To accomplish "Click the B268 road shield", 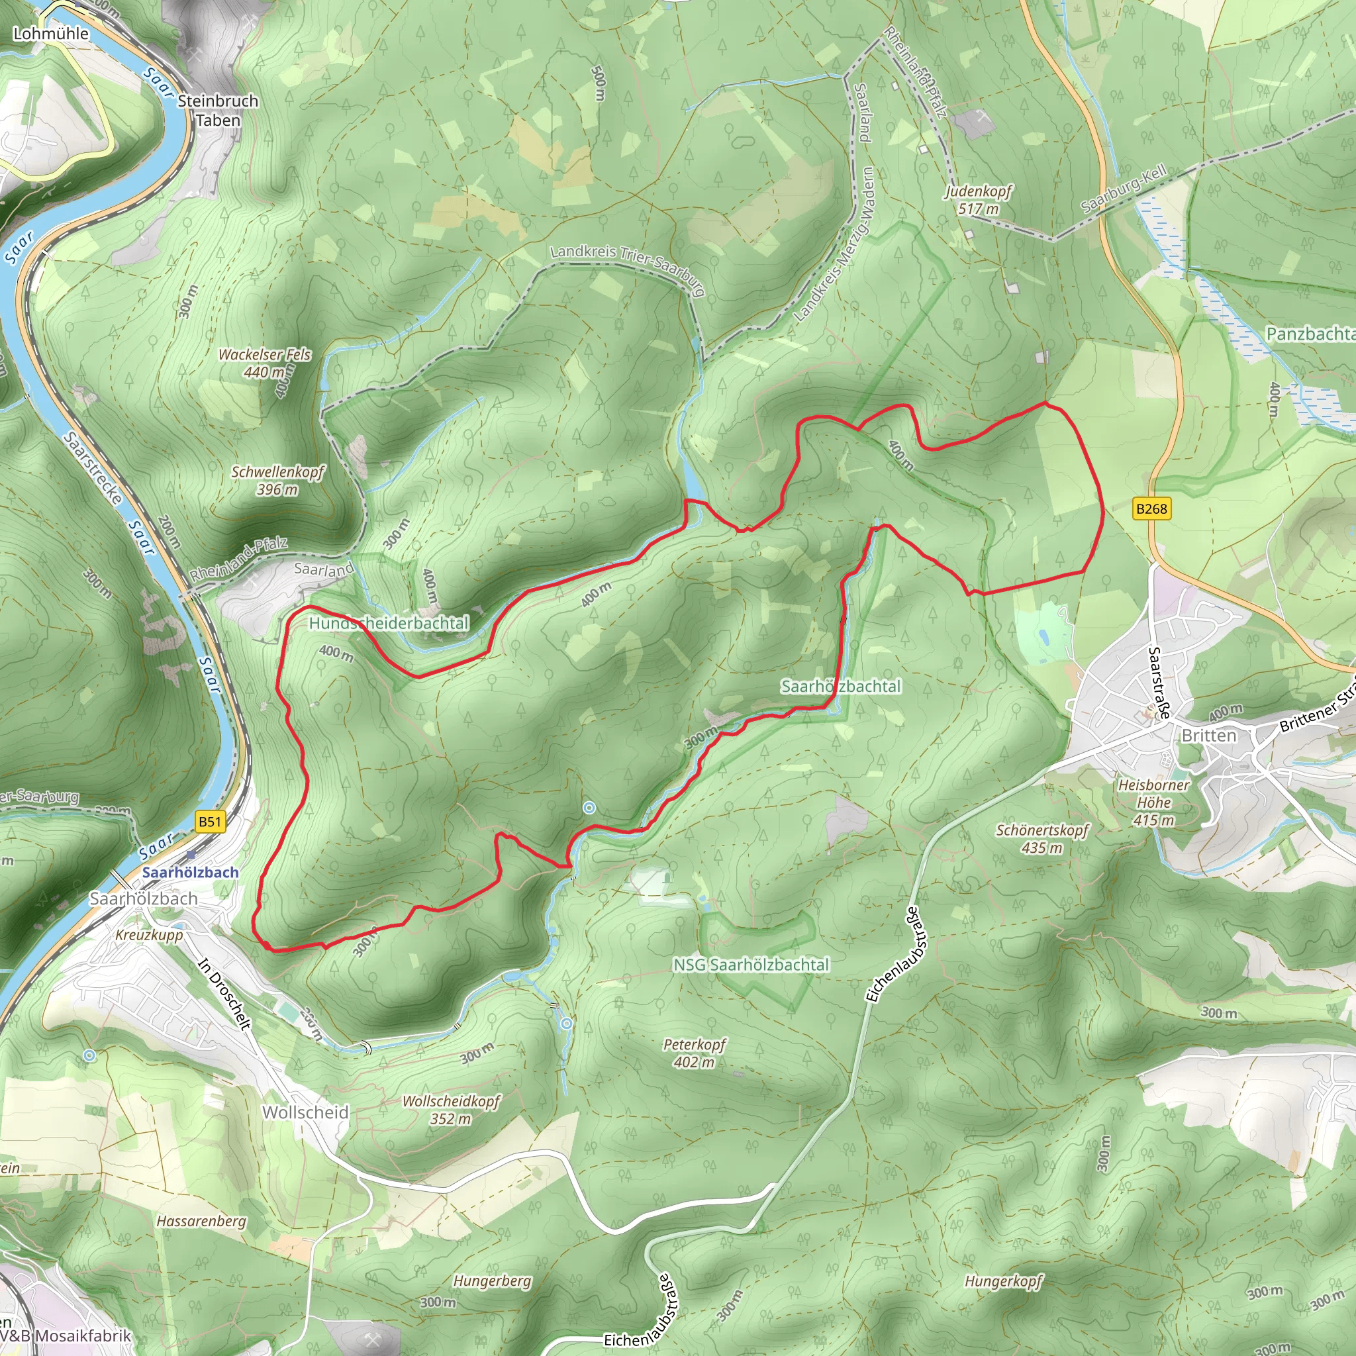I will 1151,509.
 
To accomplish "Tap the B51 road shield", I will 209,822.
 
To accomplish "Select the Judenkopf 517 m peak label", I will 979,200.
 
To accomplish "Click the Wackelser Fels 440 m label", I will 265,363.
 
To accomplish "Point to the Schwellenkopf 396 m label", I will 277,480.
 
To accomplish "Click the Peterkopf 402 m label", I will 694,1053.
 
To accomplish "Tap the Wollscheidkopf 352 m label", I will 451,1110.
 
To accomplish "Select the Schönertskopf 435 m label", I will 1041,839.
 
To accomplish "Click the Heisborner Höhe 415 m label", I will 1154,802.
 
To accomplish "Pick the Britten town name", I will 1208,736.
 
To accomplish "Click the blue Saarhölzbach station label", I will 190,873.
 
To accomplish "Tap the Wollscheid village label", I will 305,1112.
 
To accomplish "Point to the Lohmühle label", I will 51,34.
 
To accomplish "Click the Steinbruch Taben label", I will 218,110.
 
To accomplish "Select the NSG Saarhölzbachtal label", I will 751,965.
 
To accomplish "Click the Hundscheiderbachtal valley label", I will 388,623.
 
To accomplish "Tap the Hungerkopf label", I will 1004,1281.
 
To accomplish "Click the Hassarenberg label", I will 201,1221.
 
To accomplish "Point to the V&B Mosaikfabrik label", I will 67,1335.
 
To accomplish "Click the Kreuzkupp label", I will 149,935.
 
